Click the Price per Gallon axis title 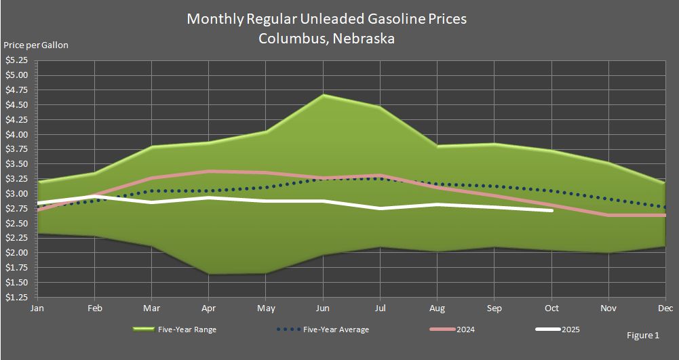(36, 45)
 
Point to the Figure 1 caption (643, 336)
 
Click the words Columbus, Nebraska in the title (326, 39)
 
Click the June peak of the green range (324, 95)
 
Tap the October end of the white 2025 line (551, 210)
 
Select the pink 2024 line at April (209, 171)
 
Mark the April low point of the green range (209, 274)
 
